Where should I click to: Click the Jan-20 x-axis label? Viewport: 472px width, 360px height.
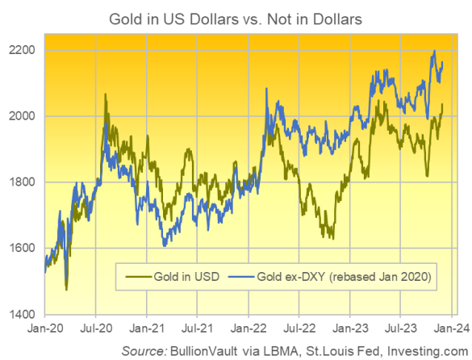(x=45, y=329)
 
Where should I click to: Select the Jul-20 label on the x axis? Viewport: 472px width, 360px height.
(x=97, y=329)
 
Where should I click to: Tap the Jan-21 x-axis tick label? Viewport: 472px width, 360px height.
(x=147, y=329)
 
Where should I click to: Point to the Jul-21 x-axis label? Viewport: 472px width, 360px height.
(x=198, y=329)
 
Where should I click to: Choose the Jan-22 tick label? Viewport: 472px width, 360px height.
(x=249, y=329)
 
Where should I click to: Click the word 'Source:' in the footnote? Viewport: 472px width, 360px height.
(x=146, y=349)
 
